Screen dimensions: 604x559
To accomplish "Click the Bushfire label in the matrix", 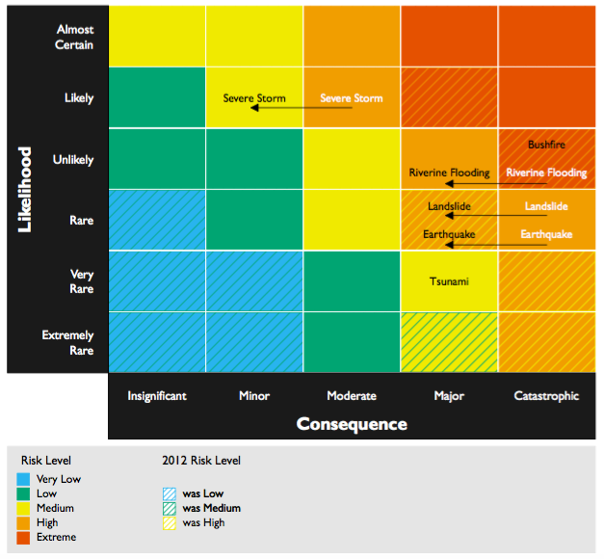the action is click(546, 145).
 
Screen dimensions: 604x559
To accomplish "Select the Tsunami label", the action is click(449, 281).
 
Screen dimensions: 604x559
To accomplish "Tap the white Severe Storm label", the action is click(352, 98).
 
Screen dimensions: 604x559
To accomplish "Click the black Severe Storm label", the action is click(254, 98).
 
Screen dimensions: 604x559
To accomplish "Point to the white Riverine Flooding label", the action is click(546, 173).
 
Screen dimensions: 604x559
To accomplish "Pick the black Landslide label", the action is click(449, 206).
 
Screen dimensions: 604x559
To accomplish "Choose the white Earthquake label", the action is click(546, 234).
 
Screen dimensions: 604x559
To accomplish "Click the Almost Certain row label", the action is click(74, 37).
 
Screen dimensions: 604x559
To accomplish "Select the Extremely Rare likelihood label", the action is click(67, 342).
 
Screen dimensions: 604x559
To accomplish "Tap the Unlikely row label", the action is click(73, 159).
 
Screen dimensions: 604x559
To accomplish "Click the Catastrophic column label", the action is click(546, 395).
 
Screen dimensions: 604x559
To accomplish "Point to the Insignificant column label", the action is click(157, 396).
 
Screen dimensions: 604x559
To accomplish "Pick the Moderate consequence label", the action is click(352, 395).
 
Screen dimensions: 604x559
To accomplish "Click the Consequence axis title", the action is click(352, 424).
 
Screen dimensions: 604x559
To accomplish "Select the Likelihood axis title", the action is click(24, 189).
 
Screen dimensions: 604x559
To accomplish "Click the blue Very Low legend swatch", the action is click(23, 479).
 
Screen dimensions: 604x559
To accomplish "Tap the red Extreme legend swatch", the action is click(23, 538).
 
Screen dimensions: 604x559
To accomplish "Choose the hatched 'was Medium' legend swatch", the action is click(170, 509).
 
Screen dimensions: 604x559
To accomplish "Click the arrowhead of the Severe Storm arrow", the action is click(254, 108).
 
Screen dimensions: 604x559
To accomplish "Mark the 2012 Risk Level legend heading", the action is click(201, 461).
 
